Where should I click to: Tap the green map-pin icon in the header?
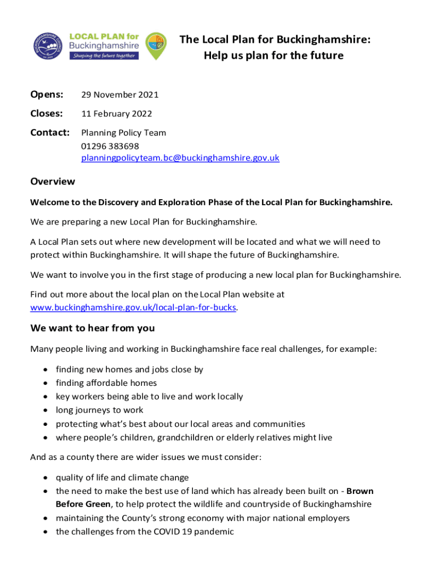(x=156, y=45)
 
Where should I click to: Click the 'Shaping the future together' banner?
(x=104, y=55)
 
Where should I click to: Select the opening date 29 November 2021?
(x=119, y=94)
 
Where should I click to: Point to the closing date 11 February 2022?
(x=116, y=114)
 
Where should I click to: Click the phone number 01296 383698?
(x=110, y=145)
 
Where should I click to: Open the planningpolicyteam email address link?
(x=180, y=158)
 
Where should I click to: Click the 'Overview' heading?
(x=53, y=181)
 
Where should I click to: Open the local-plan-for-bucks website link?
(x=133, y=307)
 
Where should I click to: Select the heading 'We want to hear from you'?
(x=93, y=328)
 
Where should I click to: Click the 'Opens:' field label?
(x=47, y=94)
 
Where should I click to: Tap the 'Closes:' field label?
(x=47, y=114)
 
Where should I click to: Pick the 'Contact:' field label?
(x=50, y=132)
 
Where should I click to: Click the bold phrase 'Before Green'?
(x=81, y=504)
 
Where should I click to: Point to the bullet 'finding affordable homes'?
(x=106, y=383)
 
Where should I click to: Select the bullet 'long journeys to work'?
(x=99, y=410)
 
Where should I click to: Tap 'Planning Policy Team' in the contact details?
(x=123, y=132)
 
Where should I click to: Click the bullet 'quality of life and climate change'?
(x=122, y=477)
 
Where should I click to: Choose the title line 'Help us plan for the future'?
(x=273, y=55)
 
